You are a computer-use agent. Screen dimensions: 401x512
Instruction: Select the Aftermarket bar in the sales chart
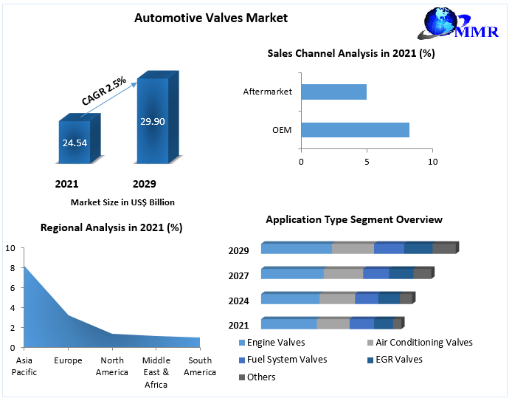(x=334, y=92)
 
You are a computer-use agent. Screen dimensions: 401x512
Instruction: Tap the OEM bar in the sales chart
(x=355, y=131)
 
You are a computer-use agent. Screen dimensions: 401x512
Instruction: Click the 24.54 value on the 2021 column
(x=74, y=143)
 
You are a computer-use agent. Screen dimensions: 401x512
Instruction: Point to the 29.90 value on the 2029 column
(x=153, y=121)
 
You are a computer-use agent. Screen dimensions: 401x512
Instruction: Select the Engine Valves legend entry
(x=271, y=343)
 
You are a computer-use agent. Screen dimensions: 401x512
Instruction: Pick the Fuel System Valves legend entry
(x=281, y=360)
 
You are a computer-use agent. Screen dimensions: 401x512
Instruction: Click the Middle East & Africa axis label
(x=156, y=372)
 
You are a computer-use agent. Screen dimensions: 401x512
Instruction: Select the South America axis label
(x=200, y=366)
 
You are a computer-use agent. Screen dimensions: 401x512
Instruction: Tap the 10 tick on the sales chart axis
(x=432, y=161)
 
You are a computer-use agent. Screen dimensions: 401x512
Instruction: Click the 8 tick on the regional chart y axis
(x=11, y=268)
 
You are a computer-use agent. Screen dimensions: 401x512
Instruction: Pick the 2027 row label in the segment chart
(x=238, y=275)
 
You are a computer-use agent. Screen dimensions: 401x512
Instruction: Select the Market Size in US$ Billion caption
(x=122, y=202)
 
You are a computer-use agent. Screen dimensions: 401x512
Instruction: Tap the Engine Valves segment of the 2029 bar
(x=296, y=249)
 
